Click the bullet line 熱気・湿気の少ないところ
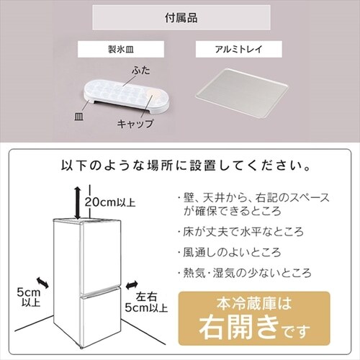point(244,274)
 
